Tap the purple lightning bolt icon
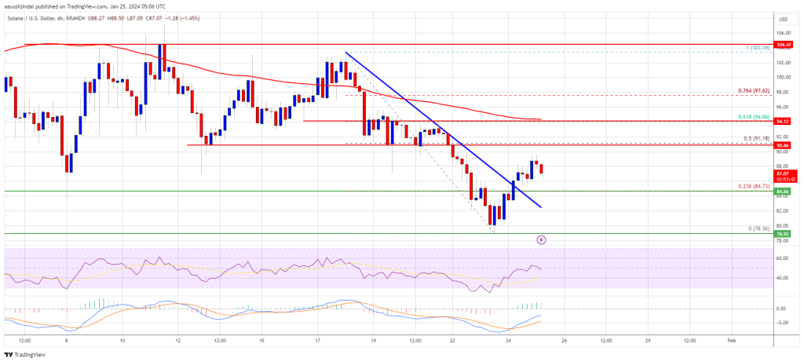pyautogui.click(x=541, y=239)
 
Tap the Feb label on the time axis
pyautogui.click(x=731, y=341)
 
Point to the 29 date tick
pyautogui.click(x=648, y=341)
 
